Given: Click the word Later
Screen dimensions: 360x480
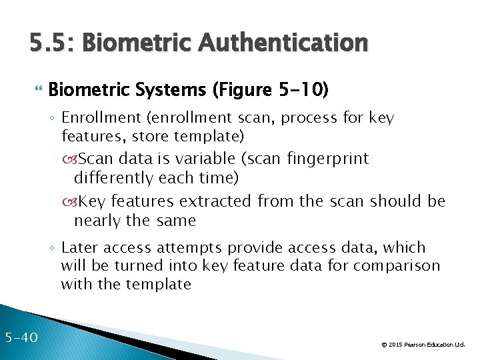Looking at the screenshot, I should pyautogui.click(x=81, y=247).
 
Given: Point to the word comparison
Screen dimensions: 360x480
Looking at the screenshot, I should pyautogui.click(x=397, y=266).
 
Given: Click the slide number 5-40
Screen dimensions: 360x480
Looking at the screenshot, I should pyautogui.click(x=21, y=337).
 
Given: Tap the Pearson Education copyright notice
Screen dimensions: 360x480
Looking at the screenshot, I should pyautogui.click(x=423, y=345).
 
